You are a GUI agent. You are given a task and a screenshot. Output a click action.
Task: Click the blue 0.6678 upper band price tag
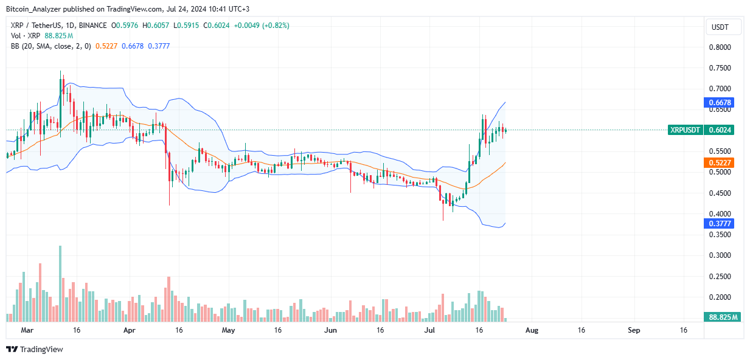tap(721, 103)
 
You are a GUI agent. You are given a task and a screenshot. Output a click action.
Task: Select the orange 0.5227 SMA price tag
tap(721, 162)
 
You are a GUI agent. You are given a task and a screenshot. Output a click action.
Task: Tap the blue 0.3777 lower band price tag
tap(721, 223)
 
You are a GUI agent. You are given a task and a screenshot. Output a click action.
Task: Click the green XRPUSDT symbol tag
tap(685, 130)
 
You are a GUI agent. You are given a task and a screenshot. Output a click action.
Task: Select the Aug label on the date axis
tap(532, 330)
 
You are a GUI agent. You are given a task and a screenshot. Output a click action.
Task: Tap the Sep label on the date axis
tap(634, 330)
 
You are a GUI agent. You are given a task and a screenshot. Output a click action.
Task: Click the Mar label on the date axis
tap(26, 330)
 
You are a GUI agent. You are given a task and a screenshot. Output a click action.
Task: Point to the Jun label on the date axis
tap(331, 330)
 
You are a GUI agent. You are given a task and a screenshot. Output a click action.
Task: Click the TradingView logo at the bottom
tap(35, 349)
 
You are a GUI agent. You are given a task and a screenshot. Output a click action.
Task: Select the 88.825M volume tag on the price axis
tap(723, 317)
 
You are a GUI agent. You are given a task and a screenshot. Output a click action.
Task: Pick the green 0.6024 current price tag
tap(721, 130)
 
